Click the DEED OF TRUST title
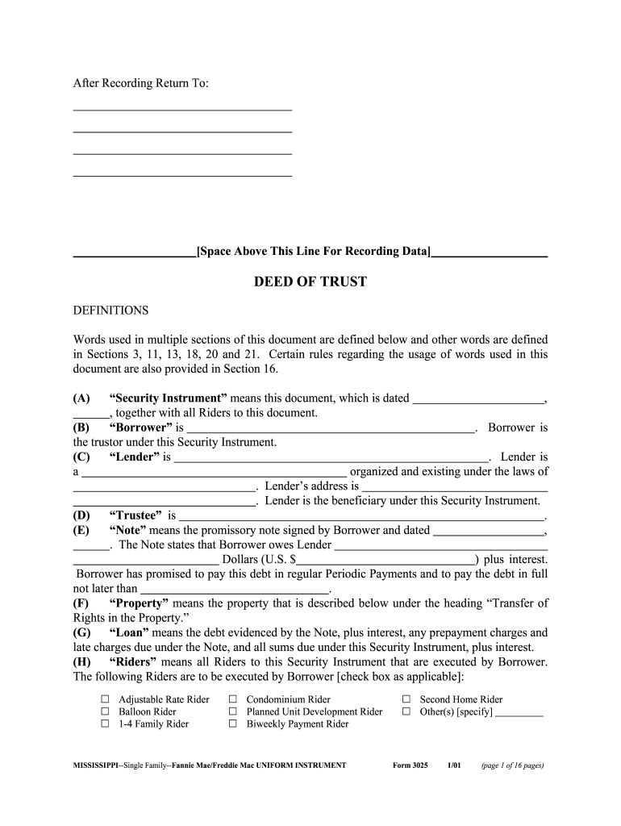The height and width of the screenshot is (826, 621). (x=310, y=282)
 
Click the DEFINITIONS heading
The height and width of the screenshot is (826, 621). (x=110, y=311)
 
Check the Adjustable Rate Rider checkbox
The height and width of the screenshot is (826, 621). (x=104, y=699)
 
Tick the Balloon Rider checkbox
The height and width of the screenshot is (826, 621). (x=104, y=711)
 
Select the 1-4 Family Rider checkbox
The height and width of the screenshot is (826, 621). (x=104, y=724)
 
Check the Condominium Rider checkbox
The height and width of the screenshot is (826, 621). (x=232, y=699)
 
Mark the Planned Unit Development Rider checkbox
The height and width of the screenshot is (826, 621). (x=232, y=711)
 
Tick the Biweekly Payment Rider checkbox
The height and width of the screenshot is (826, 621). (x=232, y=724)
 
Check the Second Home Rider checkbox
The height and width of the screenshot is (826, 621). (x=406, y=699)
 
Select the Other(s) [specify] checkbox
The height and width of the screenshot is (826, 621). (x=406, y=711)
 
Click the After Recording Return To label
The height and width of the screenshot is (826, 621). (x=141, y=84)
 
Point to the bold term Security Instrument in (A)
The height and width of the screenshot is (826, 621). (x=169, y=398)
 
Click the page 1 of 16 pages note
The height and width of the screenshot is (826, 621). (x=512, y=766)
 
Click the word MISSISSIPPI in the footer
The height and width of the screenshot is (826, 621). (x=90, y=766)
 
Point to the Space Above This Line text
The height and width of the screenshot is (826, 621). (x=313, y=252)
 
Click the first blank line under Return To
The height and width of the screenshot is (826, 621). (x=182, y=108)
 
